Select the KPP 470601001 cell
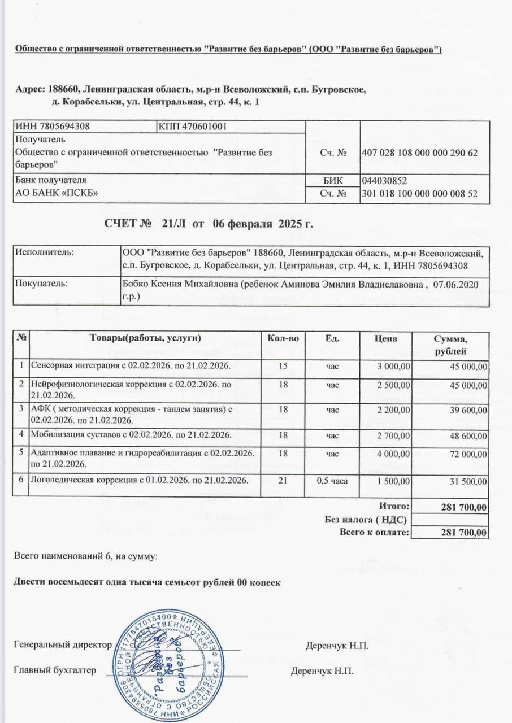click(193, 126)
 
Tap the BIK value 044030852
click(384, 181)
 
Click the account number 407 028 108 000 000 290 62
click(419, 153)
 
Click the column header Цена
click(385, 338)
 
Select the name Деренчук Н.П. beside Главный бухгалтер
click(322, 672)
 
